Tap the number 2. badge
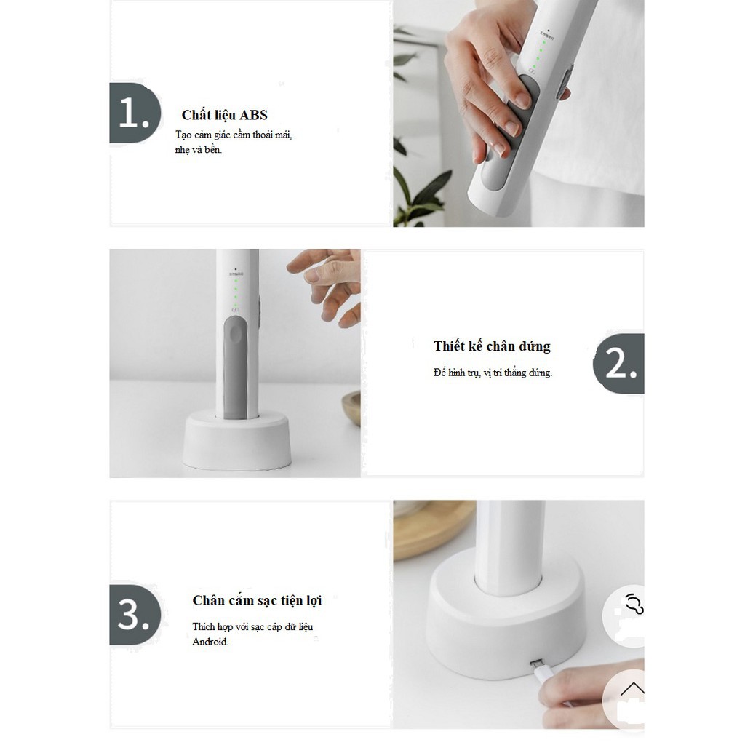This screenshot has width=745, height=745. pos(619,363)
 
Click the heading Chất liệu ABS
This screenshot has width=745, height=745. pos(224,115)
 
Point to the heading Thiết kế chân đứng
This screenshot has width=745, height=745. pos(492,346)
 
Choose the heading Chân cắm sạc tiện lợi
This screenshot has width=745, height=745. pos(257,600)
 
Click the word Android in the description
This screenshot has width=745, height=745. pos(210,642)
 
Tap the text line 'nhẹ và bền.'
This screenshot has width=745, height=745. pos(199,150)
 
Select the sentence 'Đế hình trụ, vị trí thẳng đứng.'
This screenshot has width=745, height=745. pos(492,372)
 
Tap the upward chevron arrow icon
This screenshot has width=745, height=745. pos(632,689)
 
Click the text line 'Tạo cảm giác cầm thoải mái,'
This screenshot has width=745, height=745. pos(234,135)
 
